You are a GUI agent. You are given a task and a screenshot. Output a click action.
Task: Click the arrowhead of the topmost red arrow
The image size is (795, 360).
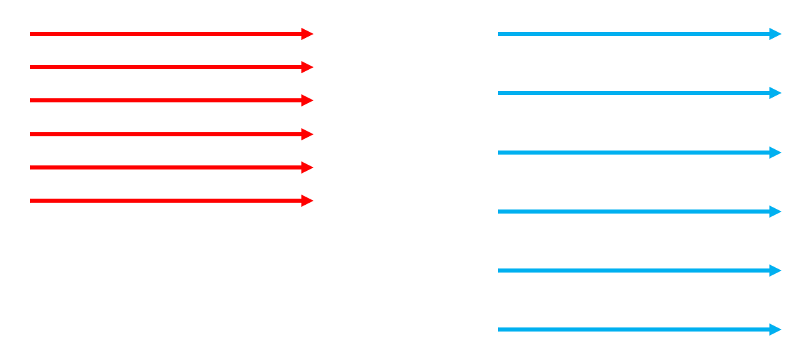click(x=308, y=34)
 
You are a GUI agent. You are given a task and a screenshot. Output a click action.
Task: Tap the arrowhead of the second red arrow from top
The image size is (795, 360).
click(x=308, y=67)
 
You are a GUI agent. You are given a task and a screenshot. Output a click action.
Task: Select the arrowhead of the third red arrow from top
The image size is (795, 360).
click(x=308, y=100)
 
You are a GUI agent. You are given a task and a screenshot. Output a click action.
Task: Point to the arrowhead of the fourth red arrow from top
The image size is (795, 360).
click(x=308, y=134)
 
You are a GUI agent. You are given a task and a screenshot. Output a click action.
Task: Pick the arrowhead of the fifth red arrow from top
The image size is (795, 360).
click(x=308, y=167)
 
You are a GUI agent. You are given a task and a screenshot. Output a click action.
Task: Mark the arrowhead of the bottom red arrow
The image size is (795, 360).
click(x=308, y=201)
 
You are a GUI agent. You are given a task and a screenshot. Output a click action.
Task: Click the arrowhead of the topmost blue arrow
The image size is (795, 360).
click(x=776, y=34)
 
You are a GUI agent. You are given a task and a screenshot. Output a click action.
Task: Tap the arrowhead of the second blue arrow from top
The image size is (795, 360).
click(x=776, y=93)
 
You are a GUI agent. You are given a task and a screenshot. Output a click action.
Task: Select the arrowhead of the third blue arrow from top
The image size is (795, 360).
click(x=776, y=153)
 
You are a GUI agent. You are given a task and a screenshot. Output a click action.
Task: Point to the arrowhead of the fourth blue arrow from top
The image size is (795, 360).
click(x=776, y=212)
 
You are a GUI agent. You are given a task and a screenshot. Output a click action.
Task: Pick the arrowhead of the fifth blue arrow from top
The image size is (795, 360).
click(x=776, y=271)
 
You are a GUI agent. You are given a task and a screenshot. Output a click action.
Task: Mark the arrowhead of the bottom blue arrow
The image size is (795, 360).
click(x=776, y=329)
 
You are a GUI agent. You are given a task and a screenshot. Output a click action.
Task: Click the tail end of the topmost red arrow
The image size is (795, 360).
click(x=31, y=34)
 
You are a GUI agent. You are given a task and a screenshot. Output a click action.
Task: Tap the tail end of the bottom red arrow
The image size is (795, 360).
click(x=31, y=201)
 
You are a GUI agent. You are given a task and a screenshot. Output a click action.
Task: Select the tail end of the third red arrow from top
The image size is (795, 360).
click(x=31, y=100)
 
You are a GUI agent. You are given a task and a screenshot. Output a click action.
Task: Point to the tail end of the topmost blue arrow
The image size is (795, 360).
click(x=499, y=34)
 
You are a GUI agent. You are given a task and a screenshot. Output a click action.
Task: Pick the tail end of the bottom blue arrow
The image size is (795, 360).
click(x=499, y=329)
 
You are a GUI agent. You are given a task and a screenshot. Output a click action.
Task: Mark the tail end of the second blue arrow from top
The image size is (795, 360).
click(x=499, y=93)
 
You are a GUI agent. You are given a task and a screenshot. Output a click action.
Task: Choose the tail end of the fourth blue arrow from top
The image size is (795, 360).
click(x=499, y=212)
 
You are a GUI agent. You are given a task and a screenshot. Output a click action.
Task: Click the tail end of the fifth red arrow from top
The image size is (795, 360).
click(x=31, y=167)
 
